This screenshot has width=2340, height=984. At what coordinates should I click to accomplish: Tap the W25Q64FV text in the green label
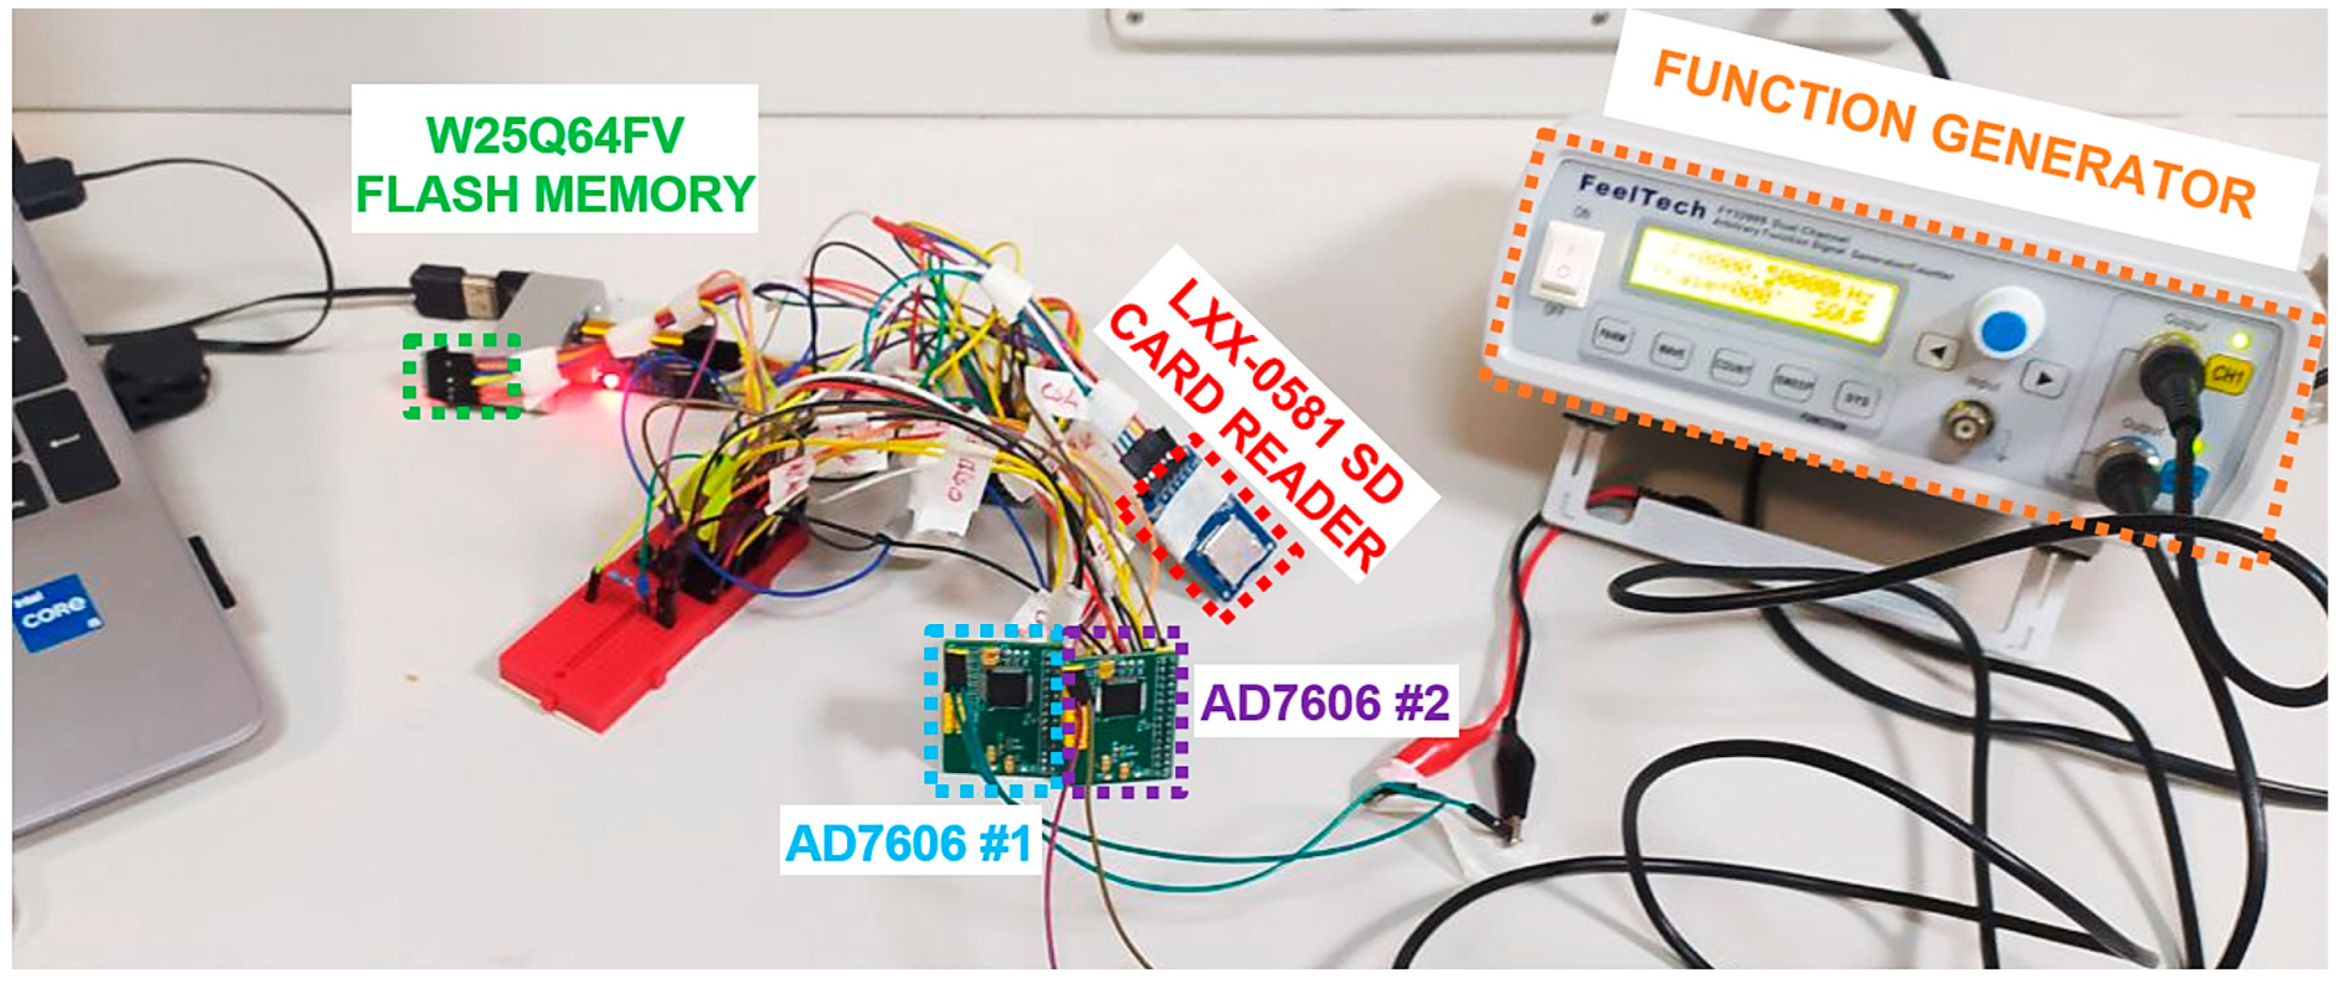click(x=554, y=137)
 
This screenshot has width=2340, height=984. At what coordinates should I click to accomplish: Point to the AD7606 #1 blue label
click(x=908, y=843)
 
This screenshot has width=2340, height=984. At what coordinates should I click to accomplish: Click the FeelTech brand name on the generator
click(x=1641, y=196)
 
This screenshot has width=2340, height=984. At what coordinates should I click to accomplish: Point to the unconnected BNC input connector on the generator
click(x=1968, y=423)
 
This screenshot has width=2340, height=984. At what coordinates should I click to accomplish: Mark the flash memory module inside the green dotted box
click(x=461, y=374)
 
